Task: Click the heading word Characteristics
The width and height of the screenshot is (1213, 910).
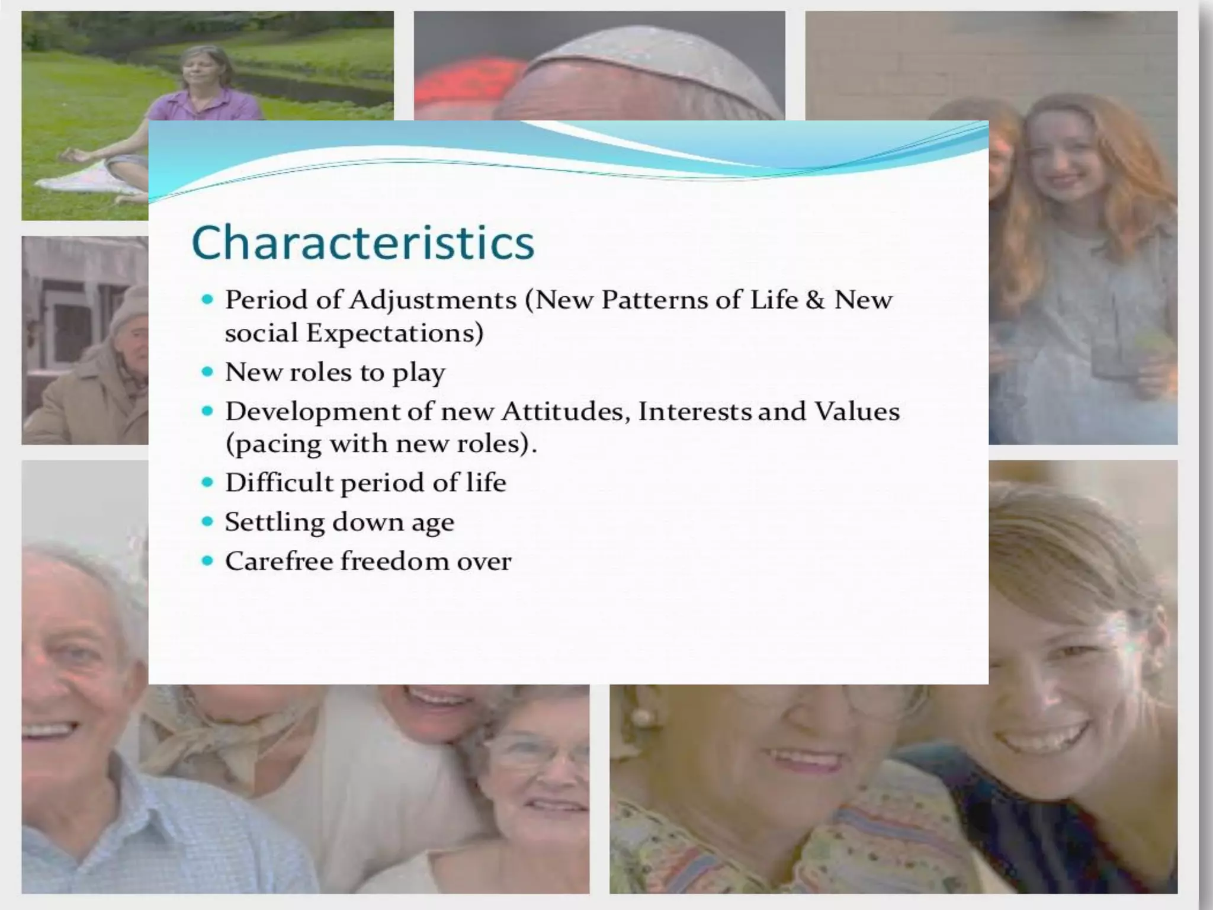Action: (362, 243)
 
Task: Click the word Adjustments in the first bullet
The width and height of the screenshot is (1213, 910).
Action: (432, 300)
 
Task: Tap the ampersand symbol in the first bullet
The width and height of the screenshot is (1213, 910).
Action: (815, 300)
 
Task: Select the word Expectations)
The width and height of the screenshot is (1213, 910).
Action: (394, 334)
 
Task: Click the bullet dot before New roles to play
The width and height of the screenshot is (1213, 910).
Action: (207, 372)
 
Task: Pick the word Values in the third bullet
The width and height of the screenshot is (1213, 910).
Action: (856, 411)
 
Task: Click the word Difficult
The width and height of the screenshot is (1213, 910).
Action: (280, 482)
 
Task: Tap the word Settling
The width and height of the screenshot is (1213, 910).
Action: (274, 523)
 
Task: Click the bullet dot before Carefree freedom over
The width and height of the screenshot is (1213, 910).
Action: (207, 560)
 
